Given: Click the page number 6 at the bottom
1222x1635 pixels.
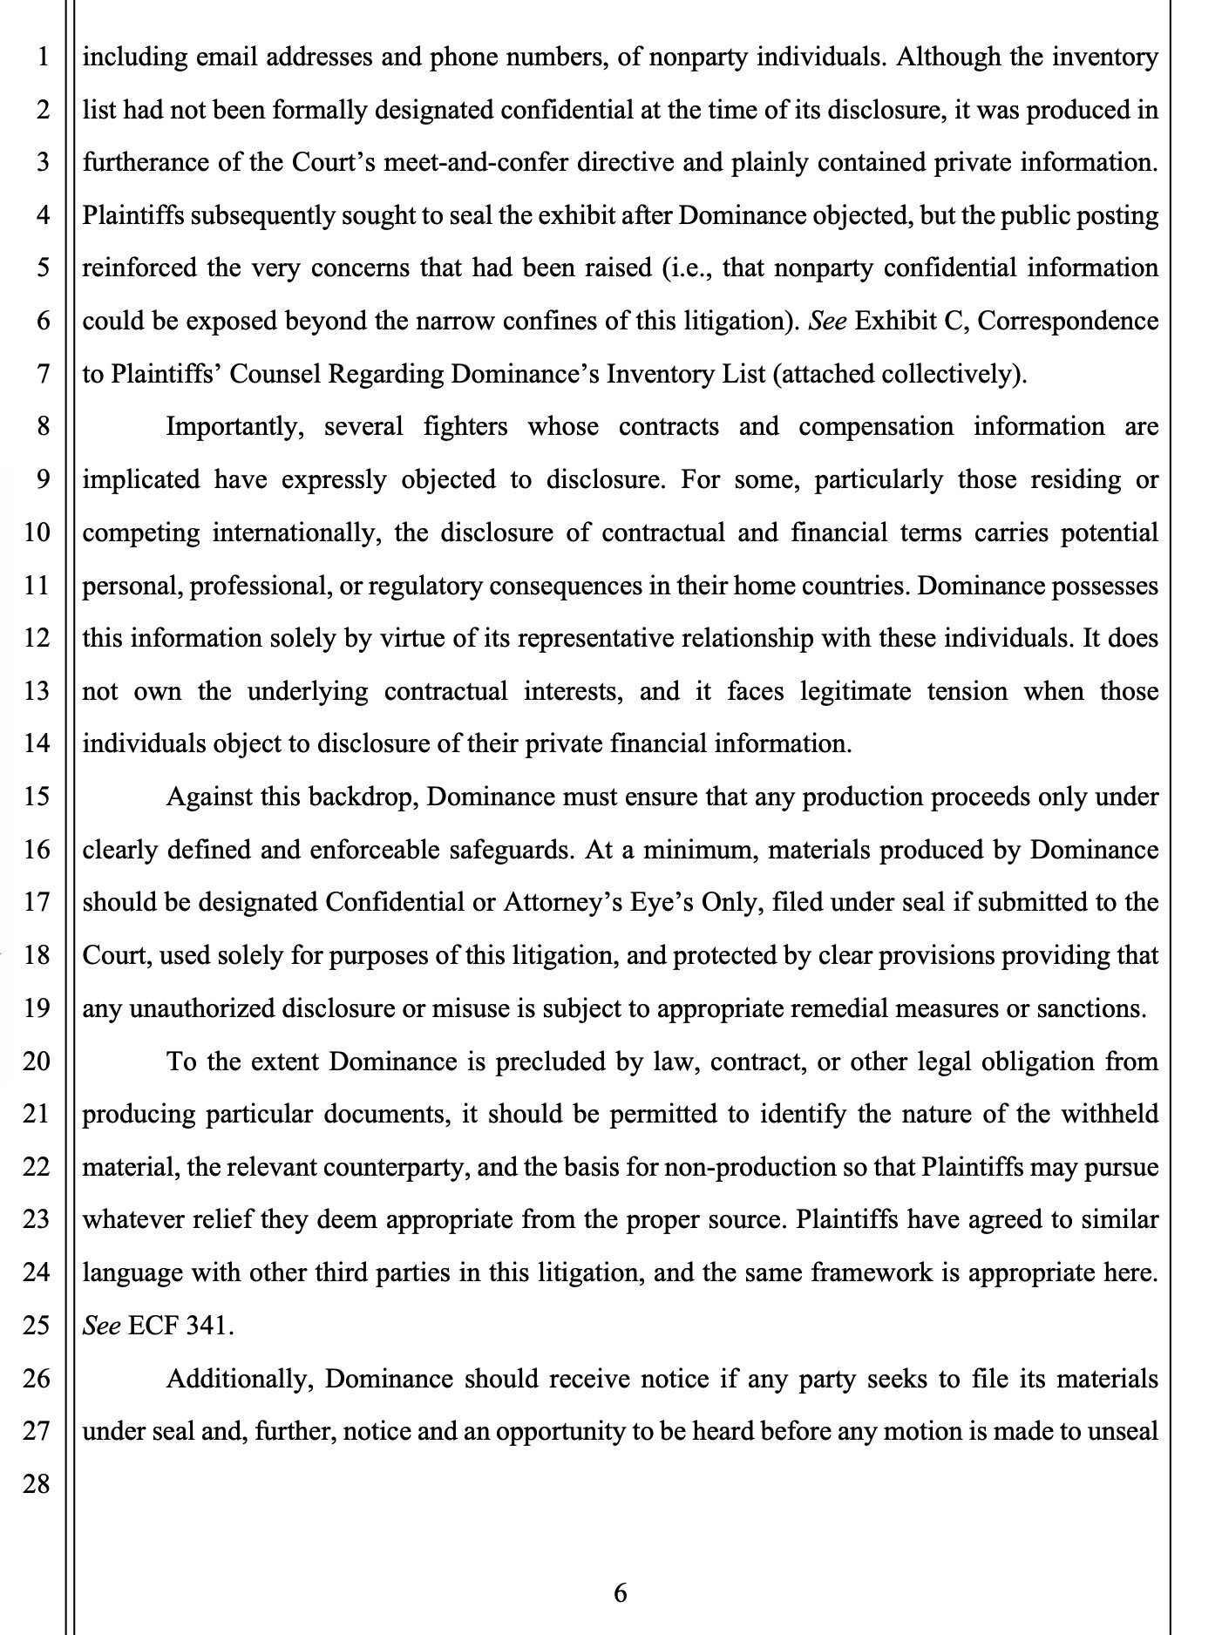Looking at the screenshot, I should (620, 1592).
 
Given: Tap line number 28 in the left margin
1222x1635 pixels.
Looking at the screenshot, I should (36, 1482).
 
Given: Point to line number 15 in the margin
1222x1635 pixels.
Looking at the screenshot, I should (36, 797).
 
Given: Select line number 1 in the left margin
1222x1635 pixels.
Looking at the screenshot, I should (42, 58).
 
